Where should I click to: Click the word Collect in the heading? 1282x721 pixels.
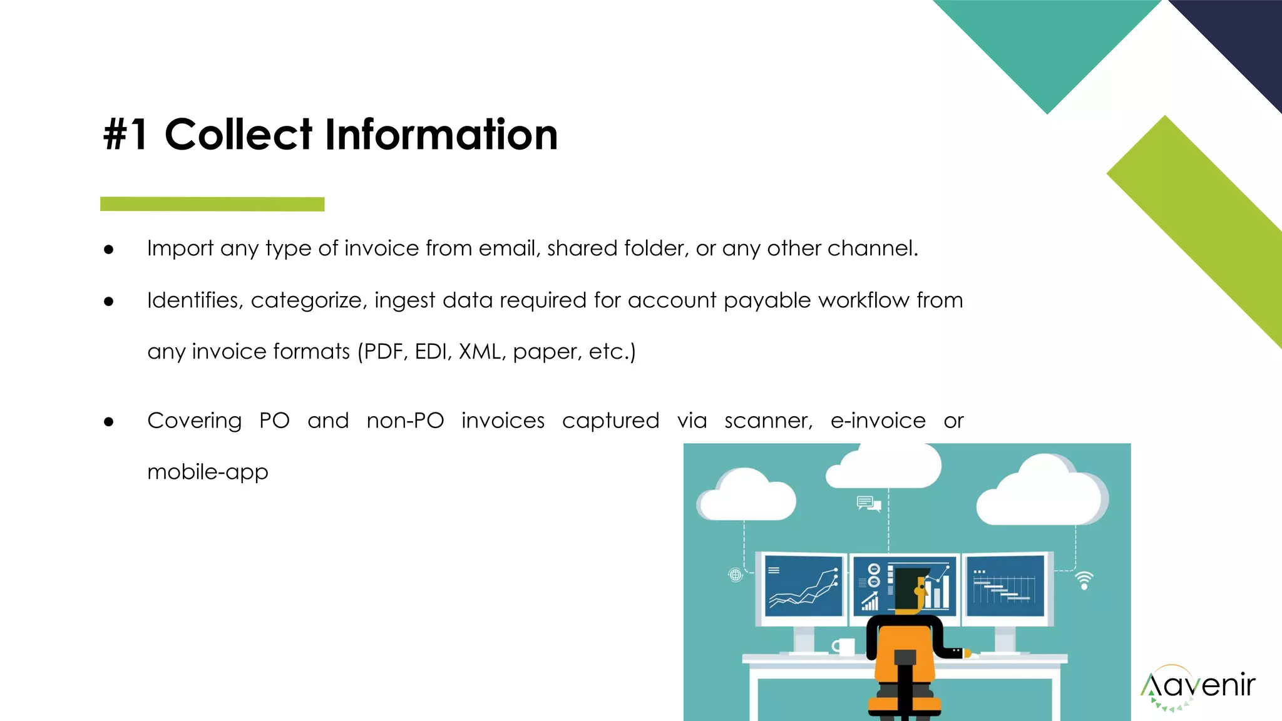pyautogui.click(x=238, y=135)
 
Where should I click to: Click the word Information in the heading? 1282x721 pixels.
pyautogui.click(x=441, y=135)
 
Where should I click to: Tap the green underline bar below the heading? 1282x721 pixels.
pyautogui.click(x=212, y=204)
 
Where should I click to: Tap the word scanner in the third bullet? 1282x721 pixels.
pyautogui.click(x=768, y=421)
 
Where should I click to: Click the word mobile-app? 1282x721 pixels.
pyautogui.click(x=208, y=472)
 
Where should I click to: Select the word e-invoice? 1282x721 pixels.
pyautogui.click(x=878, y=421)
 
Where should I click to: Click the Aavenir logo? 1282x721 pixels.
pyautogui.click(x=1197, y=687)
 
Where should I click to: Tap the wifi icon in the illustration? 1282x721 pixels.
pyautogui.click(x=1084, y=580)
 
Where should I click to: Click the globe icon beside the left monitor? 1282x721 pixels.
pyautogui.click(x=736, y=575)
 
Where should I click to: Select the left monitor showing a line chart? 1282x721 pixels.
pyautogui.click(x=804, y=586)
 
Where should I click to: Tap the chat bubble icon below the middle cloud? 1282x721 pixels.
pyautogui.click(x=868, y=503)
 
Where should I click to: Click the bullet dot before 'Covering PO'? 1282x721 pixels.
pyautogui.click(x=109, y=422)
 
